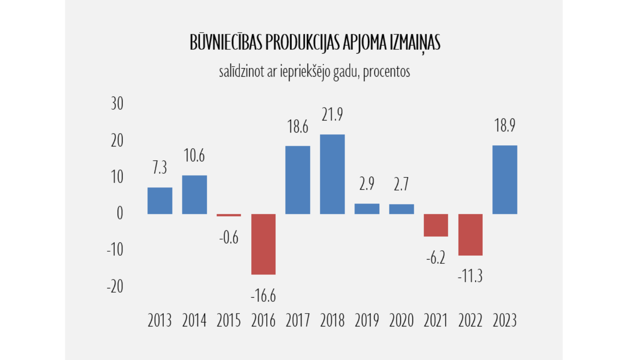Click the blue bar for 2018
coord(332,174)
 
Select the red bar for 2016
coord(263,244)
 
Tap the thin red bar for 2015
coord(229,215)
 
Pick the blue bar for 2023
coord(504,180)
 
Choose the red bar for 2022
coord(470,234)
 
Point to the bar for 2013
coord(160,201)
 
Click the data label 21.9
coord(332,114)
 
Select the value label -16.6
coord(263,296)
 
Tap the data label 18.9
coord(504,126)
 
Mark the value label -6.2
coord(435,258)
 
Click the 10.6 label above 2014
coord(194,156)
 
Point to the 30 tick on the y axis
coord(117,103)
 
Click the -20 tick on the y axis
coord(115,286)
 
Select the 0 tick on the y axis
coord(120,213)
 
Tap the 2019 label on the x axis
coord(367,321)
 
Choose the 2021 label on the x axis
coord(435,321)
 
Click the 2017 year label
coord(298,321)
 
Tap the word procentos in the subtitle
coord(386,72)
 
